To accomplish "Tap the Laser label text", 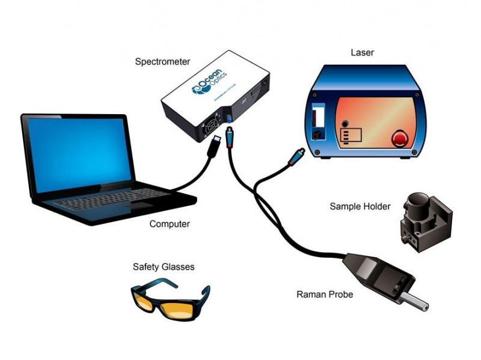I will (x=362, y=52).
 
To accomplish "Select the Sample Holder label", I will (x=360, y=207).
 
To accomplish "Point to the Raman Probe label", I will (x=325, y=294).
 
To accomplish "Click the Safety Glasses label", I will (x=164, y=266).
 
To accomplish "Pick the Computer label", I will (x=170, y=224).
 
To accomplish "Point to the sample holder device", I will (x=424, y=219).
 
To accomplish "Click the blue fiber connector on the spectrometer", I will (x=229, y=130).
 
